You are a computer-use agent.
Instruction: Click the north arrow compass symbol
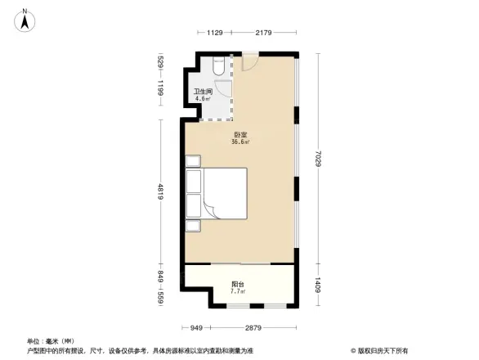(x=25, y=17)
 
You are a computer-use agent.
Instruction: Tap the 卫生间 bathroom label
(x=202, y=92)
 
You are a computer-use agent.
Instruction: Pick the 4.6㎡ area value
(x=202, y=99)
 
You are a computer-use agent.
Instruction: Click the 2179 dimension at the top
(x=263, y=33)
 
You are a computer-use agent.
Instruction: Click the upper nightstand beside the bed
(x=193, y=160)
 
